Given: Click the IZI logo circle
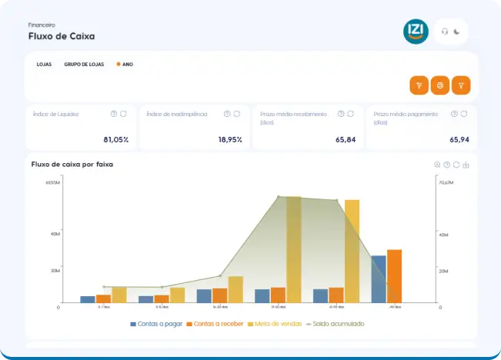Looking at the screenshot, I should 416,32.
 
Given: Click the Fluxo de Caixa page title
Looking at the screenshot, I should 62,36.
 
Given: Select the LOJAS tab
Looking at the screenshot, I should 44,65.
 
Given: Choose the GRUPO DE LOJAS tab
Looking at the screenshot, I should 84,65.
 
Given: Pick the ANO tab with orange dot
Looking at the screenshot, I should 126,65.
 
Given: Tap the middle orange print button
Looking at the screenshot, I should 439,85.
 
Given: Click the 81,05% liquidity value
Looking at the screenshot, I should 115,139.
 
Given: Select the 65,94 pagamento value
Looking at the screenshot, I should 459,139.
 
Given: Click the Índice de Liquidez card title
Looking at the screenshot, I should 56,114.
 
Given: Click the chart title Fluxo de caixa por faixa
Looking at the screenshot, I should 72,164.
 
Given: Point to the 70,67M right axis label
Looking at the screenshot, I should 446,182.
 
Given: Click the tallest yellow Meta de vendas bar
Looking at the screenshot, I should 293,250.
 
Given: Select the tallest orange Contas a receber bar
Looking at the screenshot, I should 394,275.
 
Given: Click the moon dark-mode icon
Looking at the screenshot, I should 457,32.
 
